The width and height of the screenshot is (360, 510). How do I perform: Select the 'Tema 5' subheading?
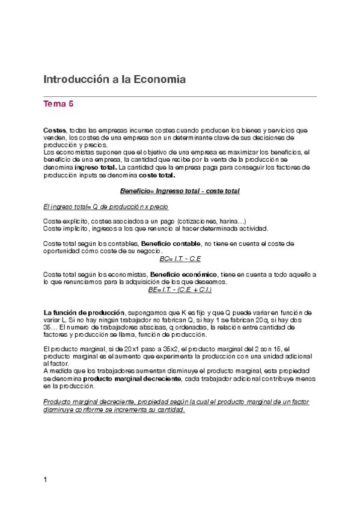58,104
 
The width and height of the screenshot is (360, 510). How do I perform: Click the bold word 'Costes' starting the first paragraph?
55,130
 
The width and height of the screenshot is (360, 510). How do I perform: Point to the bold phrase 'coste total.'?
157,176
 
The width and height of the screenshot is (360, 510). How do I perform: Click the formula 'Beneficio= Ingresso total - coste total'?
180,191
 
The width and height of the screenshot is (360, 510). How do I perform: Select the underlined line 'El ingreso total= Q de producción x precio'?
106,206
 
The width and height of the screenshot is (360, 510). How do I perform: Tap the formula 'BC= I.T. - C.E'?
180,259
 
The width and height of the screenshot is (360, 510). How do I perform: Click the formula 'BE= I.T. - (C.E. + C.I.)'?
180,289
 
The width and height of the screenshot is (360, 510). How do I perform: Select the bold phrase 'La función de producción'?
84,313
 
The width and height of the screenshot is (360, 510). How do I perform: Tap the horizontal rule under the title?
180,96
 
